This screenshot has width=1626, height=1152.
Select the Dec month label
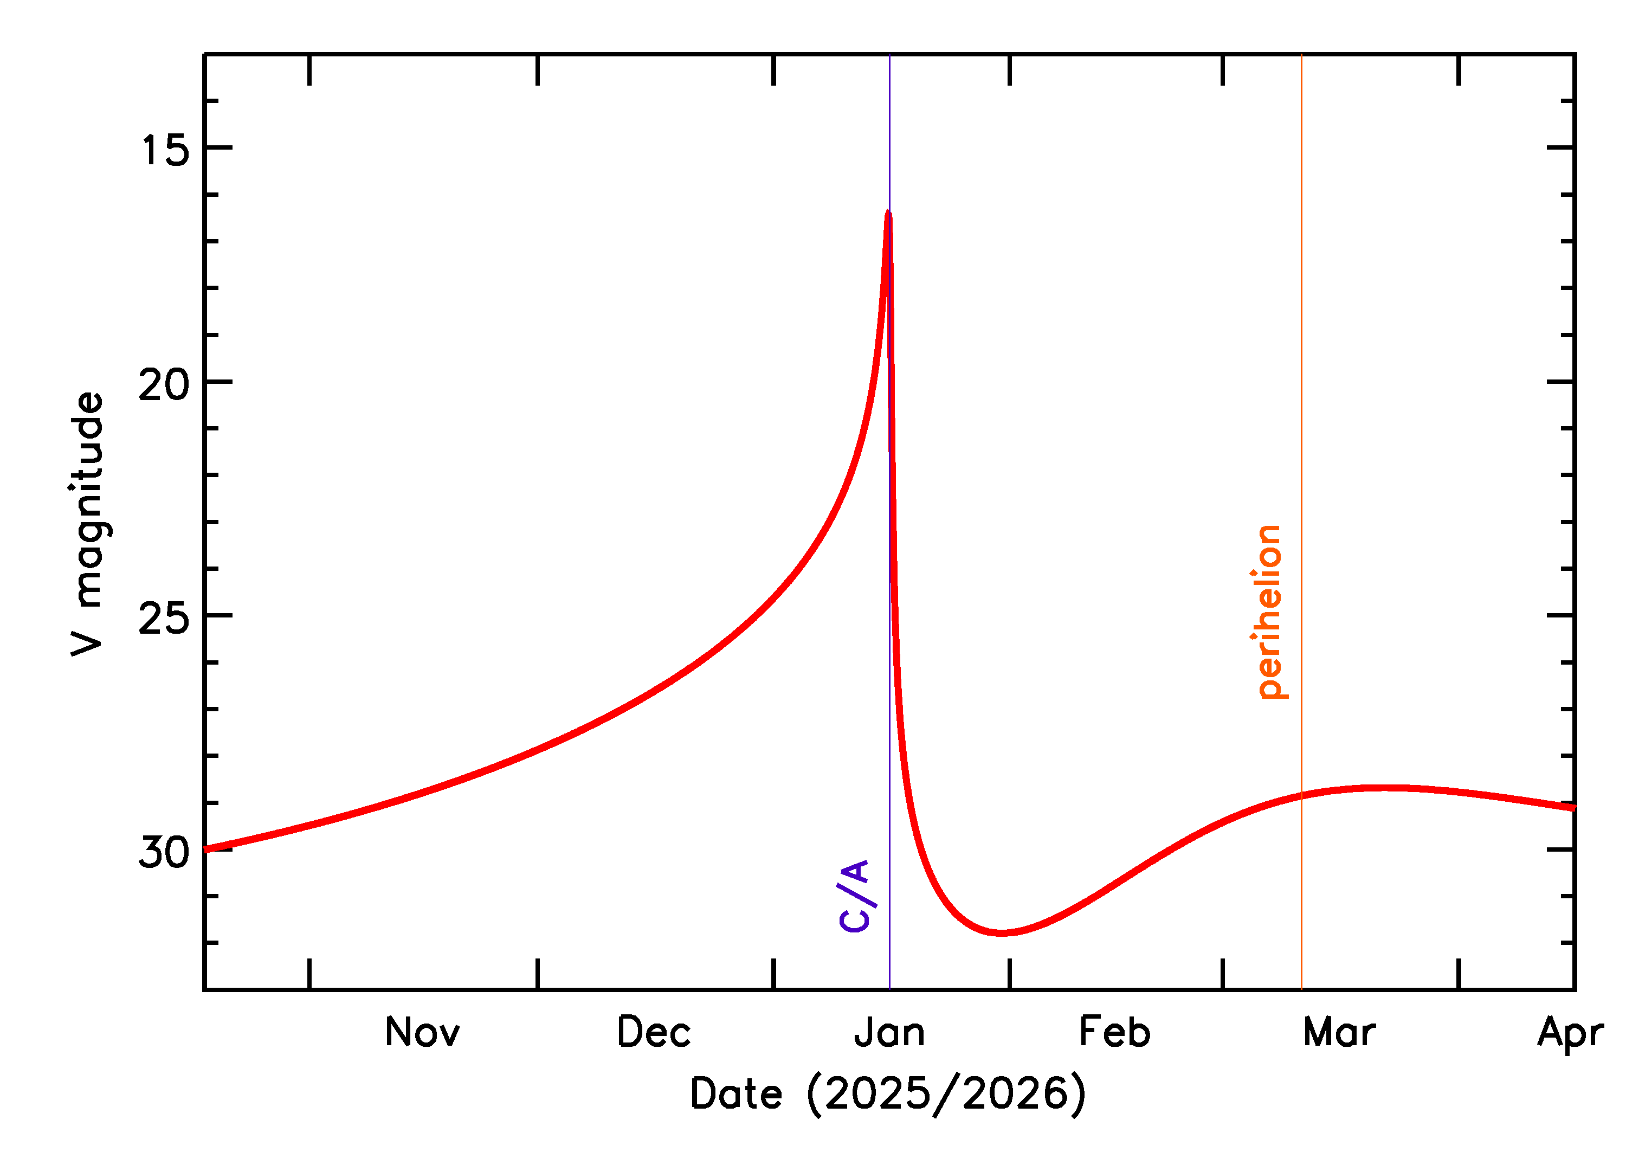(653, 1033)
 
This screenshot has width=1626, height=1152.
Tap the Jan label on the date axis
(889, 1033)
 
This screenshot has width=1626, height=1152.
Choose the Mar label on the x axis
(1339, 1033)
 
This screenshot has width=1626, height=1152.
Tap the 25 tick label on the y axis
(165, 619)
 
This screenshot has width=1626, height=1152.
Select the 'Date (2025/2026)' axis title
(888, 1095)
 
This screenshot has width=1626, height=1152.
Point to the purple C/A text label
(855, 896)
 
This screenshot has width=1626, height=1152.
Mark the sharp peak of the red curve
(888, 213)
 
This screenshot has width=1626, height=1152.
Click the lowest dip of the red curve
(1001, 933)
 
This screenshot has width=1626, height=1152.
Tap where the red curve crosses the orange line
(1301, 795)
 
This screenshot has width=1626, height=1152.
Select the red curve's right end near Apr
(1572, 808)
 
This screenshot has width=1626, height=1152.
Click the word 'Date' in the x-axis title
(736, 1095)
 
